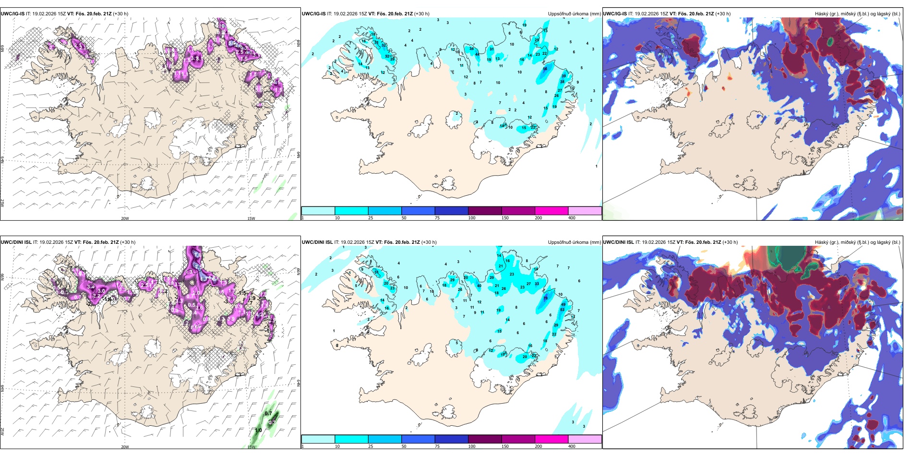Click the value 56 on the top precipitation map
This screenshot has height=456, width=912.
(545, 69)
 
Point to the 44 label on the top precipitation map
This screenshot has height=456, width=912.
(477, 55)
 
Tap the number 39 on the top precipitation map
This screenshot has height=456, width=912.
(564, 76)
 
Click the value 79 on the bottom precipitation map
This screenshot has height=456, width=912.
(545, 298)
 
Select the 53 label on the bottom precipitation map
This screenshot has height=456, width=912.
(563, 310)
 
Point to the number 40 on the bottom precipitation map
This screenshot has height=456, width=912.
(479, 286)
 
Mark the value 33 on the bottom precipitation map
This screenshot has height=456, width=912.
(537, 284)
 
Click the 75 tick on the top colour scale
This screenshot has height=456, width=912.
(437, 218)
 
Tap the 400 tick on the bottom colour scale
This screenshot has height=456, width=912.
(572, 446)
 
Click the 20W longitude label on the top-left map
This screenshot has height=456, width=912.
(125, 218)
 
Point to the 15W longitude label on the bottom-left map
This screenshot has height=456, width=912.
(251, 447)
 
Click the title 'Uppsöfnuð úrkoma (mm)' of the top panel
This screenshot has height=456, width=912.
(574, 14)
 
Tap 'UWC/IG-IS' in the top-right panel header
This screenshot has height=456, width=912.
(615, 14)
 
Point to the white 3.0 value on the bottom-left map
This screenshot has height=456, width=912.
(101, 291)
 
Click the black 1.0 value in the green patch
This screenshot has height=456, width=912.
(258, 430)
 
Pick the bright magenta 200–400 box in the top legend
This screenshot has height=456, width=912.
(552, 211)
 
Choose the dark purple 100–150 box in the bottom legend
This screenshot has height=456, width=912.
(485, 439)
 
